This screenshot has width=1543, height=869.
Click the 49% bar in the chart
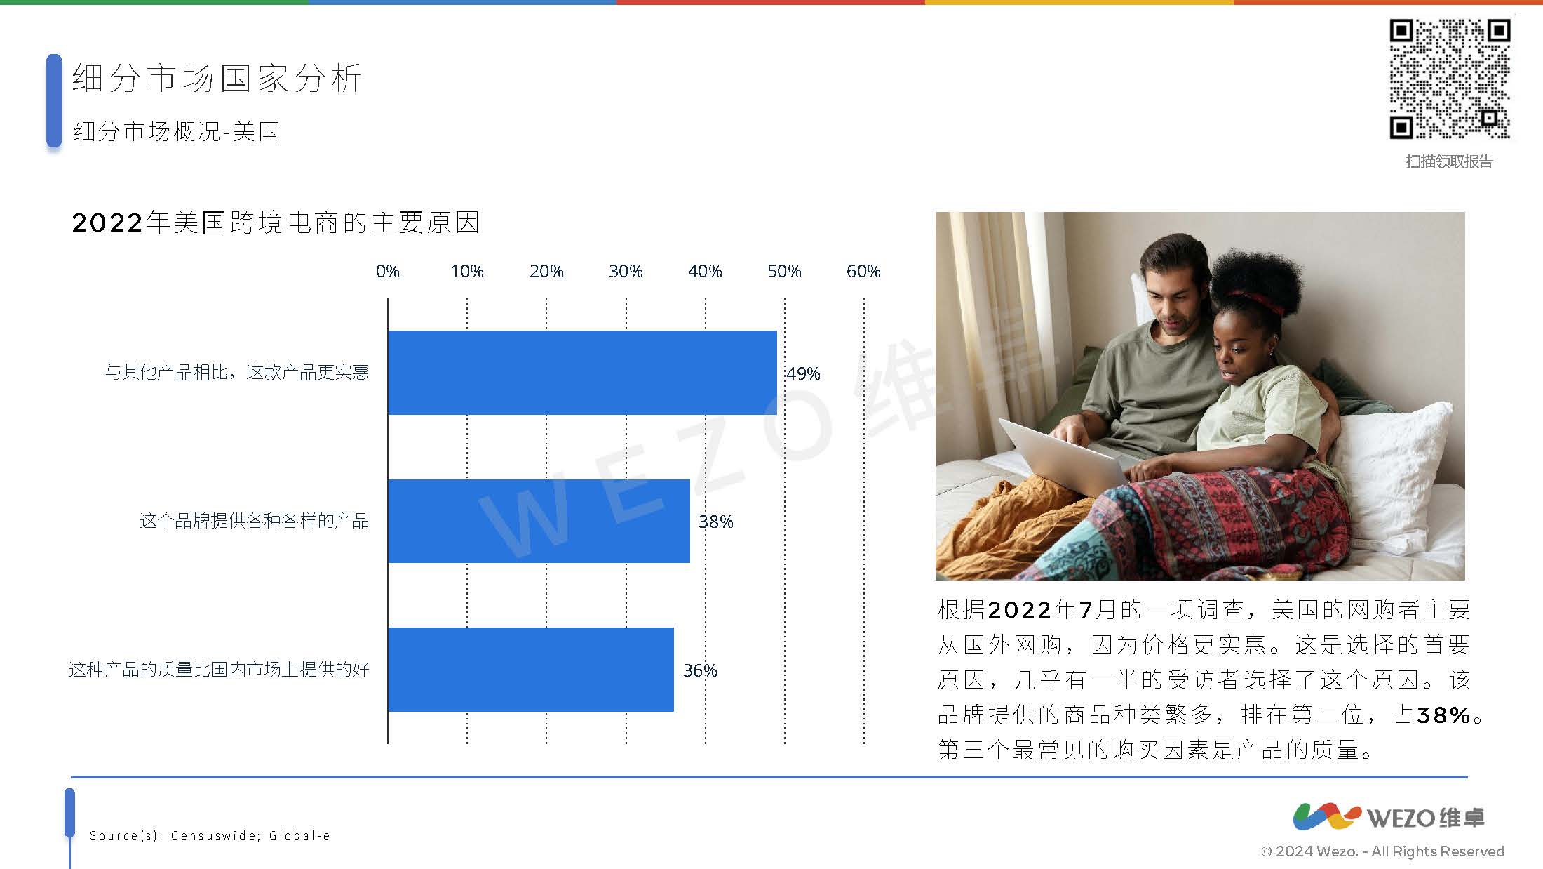pyautogui.click(x=582, y=372)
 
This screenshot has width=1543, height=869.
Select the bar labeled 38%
pyautogui.click(x=539, y=521)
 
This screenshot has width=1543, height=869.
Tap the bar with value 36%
pyautogui.click(x=531, y=670)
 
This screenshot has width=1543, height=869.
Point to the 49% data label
pyautogui.click(x=803, y=373)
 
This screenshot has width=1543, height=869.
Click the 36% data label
pyautogui.click(x=700, y=670)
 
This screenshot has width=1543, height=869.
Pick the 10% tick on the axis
pyautogui.click(x=467, y=271)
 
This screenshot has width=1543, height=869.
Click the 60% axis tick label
pyautogui.click(x=863, y=271)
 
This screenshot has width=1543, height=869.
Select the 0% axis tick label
pyautogui.click(x=388, y=271)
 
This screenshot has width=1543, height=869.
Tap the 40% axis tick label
pyautogui.click(x=705, y=271)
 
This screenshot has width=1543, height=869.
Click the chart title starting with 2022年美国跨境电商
pyautogui.click(x=276, y=223)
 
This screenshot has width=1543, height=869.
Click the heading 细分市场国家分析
pyautogui.click(x=217, y=78)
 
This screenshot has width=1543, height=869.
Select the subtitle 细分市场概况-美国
pyautogui.click(x=177, y=131)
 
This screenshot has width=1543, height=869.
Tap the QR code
pyautogui.click(x=1450, y=79)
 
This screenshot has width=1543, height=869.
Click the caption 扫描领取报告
pyautogui.click(x=1449, y=161)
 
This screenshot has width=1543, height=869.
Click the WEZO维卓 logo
pyautogui.click(x=1389, y=817)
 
